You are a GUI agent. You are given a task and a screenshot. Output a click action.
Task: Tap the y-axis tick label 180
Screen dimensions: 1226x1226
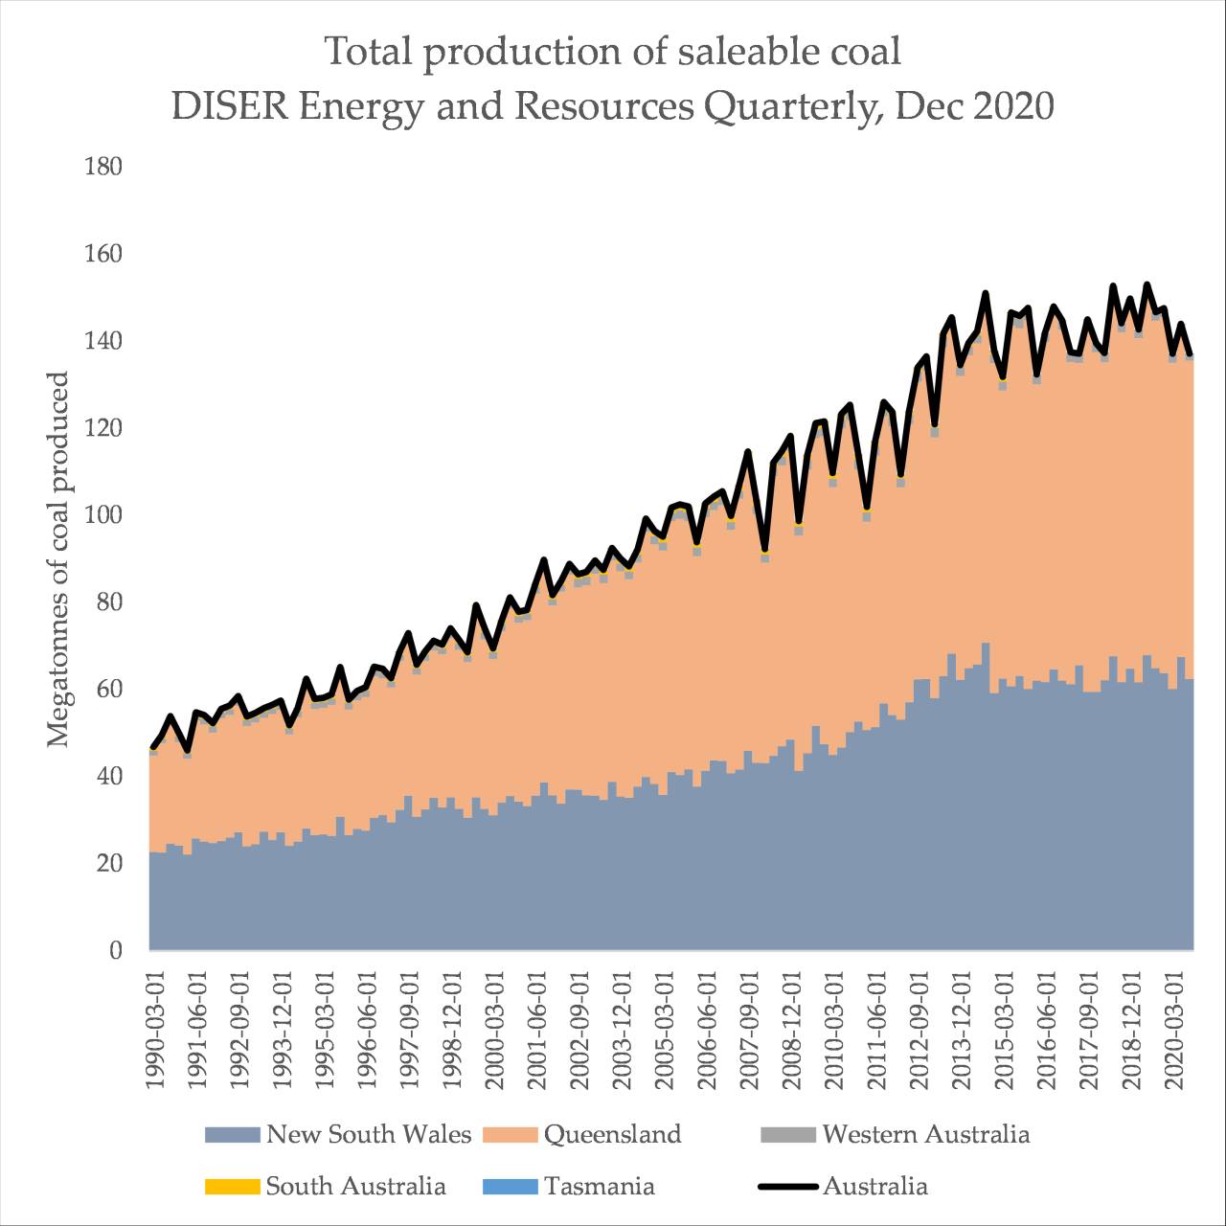click(103, 167)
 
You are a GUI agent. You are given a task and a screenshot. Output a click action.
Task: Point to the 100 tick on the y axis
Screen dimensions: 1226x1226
click(103, 515)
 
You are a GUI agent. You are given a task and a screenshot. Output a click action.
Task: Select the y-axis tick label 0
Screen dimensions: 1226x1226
click(116, 951)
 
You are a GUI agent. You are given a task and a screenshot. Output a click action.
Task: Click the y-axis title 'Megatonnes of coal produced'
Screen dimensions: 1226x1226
click(58, 559)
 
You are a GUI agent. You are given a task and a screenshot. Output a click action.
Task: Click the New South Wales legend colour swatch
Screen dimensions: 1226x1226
click(232, 1135)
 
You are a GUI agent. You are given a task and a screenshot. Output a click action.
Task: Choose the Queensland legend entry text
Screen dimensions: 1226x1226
click(612, 1135)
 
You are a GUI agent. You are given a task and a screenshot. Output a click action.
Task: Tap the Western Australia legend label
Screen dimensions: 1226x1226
click(925, 1135)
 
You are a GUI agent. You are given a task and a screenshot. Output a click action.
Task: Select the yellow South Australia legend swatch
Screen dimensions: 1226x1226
click(232, 1187)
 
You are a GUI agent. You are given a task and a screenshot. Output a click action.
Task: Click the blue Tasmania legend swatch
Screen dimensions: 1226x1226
click(510, 1187)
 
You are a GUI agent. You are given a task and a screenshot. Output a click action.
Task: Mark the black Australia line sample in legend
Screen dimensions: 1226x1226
click(787, 1187)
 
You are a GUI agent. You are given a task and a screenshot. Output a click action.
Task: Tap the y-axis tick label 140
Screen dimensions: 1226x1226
click(103, 341)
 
